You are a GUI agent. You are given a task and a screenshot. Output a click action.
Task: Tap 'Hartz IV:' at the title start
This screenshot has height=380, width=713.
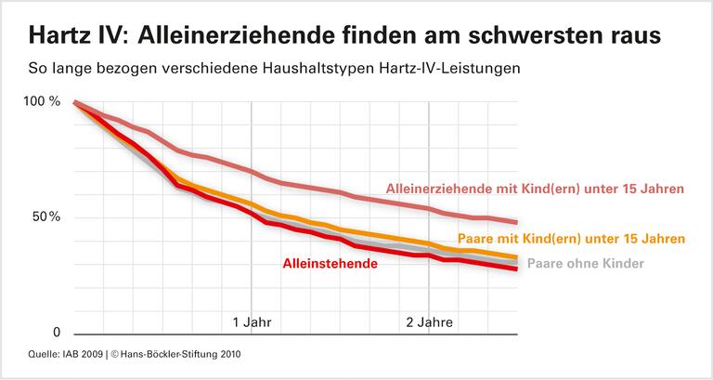pyautogui.click(x=79, y=36)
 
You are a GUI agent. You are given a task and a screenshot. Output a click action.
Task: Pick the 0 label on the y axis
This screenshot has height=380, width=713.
pyautogui.click(x=56, y=333)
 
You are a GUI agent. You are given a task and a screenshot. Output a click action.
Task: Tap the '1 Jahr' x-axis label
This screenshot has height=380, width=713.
pyautogui.click(x=252, y=323)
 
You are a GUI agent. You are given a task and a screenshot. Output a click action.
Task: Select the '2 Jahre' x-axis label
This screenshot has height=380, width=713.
pyautogui.click(x=428, y=323)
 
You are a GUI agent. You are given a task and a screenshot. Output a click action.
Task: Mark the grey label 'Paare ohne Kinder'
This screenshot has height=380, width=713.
pyautogui.click(x=586, y=263)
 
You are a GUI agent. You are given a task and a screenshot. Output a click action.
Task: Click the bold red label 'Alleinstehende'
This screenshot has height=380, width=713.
pyautogui.click(x=330, y=264)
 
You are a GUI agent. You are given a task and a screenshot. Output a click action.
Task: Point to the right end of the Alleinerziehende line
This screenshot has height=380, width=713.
pyautogui.click(x=516, y=222)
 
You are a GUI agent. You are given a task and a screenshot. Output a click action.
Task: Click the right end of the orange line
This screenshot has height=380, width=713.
pyautogui.click(x=516, y=256)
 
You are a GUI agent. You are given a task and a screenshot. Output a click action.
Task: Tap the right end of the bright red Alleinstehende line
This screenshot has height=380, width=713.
pyautogui.click(x=516, y=269)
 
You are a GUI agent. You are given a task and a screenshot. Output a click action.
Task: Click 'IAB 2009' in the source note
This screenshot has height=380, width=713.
pyautogui.click(x=78, y=354)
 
